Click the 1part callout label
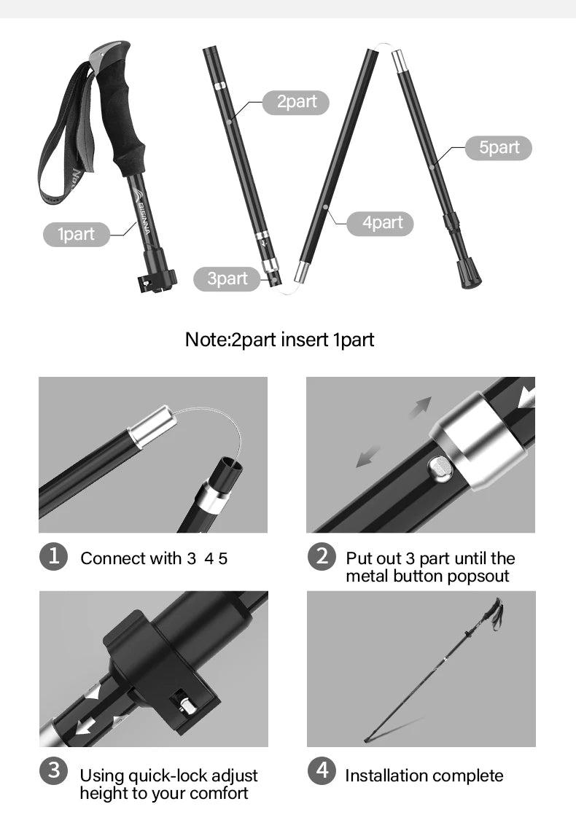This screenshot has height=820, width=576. pos(77,234)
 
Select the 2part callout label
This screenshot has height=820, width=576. pos(296,102)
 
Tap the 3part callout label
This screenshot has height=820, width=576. pos(227,278)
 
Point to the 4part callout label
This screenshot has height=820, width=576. pos(383,222)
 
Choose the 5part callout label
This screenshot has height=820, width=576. pos(499,147)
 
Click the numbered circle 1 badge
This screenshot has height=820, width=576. pos(53,556)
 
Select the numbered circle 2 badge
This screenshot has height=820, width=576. pos(322,556)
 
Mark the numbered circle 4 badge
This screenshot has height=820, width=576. pos(322,770)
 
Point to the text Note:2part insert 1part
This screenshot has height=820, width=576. pos(279,340)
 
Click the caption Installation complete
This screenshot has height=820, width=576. pos(424,776)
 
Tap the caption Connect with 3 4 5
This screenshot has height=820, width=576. pos(154,559)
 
